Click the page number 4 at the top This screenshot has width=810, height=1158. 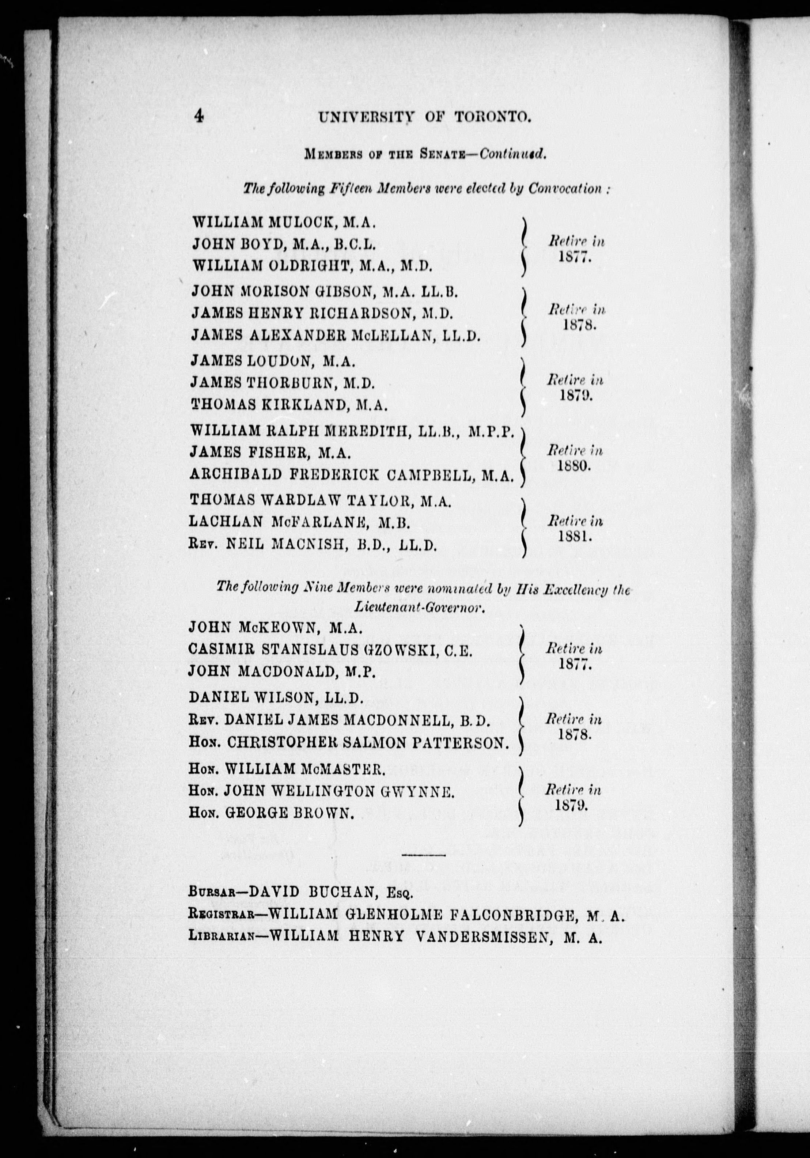[x=198, y=117]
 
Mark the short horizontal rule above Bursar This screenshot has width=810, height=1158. [x=424, y=855]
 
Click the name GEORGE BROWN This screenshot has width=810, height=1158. [x=288, y=813]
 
